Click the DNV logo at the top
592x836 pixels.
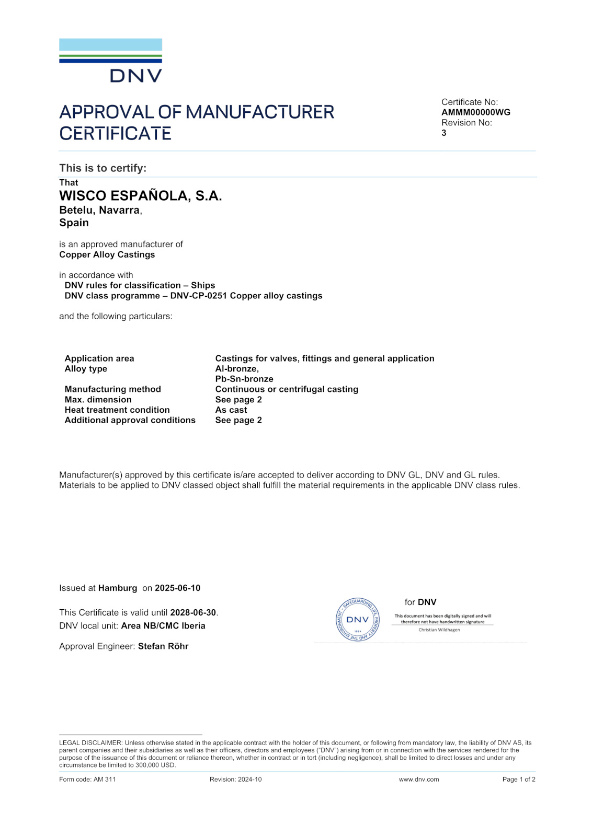110,61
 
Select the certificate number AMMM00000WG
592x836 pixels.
475,112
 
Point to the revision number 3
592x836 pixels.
444,133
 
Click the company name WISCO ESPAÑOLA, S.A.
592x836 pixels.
140,196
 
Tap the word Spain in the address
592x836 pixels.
74,223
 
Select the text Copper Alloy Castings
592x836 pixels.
107,255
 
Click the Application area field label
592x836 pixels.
99,358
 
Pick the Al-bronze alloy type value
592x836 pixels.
236,369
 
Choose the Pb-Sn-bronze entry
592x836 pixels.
244,379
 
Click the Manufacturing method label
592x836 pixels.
112,389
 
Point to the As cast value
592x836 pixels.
231,410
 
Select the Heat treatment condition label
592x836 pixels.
117,410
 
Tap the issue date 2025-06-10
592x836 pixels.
177,588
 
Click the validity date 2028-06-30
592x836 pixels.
193,613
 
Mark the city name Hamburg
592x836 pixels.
117,588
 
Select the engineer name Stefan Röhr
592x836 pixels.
163,646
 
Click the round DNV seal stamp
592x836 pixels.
358,620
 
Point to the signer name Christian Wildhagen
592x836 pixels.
439,630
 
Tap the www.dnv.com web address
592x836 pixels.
418,780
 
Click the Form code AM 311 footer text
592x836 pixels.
87,780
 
